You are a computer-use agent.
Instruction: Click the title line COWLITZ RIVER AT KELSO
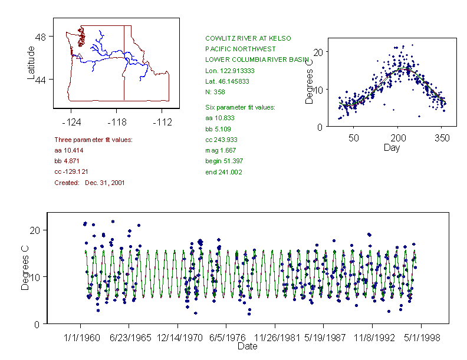[248, 38]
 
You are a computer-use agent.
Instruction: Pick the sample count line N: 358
[215, 92]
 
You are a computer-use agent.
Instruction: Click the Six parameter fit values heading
[236, 107]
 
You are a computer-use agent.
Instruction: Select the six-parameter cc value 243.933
[222, 140]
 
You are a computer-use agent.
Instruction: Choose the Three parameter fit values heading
[93, 140]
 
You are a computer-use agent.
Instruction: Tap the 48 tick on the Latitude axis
[41, 37]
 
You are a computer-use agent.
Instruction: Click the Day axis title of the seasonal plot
[392, 147]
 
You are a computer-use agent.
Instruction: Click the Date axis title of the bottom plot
[247, 346]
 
